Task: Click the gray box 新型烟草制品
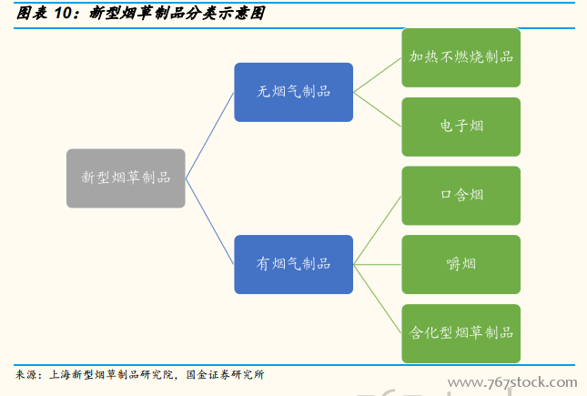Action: [x=126, y=178]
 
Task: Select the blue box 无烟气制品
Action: [x=293, y=92]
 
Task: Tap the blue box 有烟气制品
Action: [x=293, y=264]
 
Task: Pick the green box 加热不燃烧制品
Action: [x=461, y=57]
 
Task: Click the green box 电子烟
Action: [x=461, y=127]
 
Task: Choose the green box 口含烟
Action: [x=461, y=196]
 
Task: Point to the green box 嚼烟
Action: [x=461, y=264]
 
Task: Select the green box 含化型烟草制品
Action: [x=461, y=333]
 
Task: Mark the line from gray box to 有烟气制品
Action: [x=209, y=221]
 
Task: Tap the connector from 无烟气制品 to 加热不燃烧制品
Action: [x=377, y=75]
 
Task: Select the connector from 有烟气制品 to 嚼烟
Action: [x=377, y=264]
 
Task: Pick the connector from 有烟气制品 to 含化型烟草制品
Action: [x=377, y=299]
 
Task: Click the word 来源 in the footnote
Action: [x=28, y=375]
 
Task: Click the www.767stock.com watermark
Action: [x=513, y=382]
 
